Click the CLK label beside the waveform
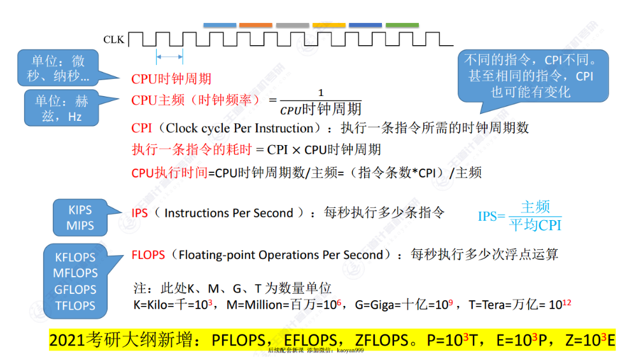[114, 39]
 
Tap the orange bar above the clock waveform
[256, 25]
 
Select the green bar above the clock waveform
[402, 25]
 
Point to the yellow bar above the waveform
[329, 25]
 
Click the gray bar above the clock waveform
[293, 25]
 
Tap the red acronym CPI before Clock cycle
[141, 128]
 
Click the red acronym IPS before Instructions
[139, 214]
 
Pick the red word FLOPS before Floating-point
[148, 255]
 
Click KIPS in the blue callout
[80, 210]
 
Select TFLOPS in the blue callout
[76, 305]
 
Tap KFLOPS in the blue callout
[75, 258]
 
